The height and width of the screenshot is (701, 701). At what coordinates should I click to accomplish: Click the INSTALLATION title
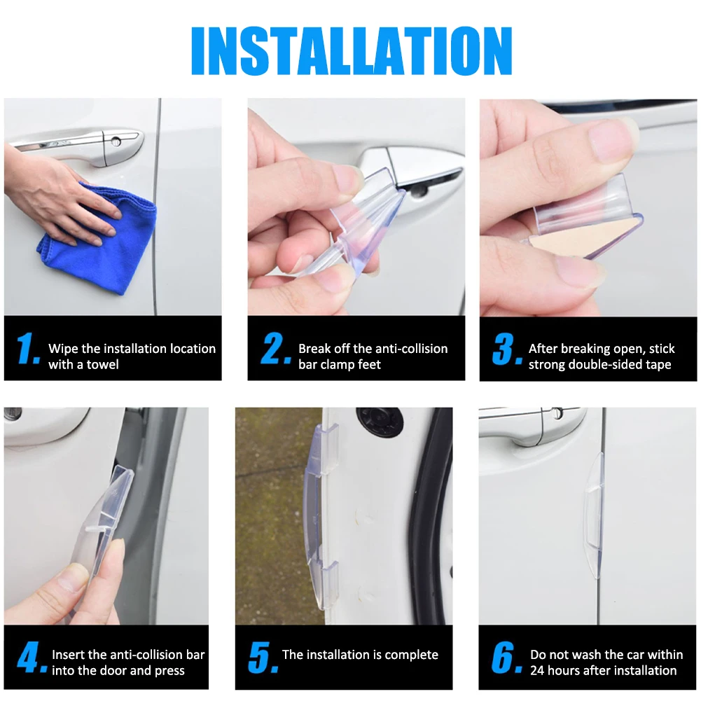(x=352, y=50)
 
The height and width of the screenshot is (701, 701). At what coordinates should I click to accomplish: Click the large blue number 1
(x=28, y=348)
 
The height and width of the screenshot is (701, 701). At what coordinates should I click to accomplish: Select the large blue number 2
(x=275, y=348)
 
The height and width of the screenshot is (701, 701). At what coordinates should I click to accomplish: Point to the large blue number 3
(x=507, y=349)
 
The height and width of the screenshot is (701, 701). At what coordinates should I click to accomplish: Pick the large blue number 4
(x=32, y=657)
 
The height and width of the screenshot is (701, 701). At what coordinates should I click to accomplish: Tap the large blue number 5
(x=263, y=657)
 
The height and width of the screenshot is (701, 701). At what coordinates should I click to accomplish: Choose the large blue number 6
(x=506, y=657)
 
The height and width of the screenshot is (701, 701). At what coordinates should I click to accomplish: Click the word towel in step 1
(x=103, y=364)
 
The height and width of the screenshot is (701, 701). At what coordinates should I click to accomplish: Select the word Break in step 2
(x=315, y=349)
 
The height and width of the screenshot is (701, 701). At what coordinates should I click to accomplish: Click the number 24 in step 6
(x=537, y=671)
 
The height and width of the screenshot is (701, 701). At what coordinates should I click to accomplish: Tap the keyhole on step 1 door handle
(x=116, y=141)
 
